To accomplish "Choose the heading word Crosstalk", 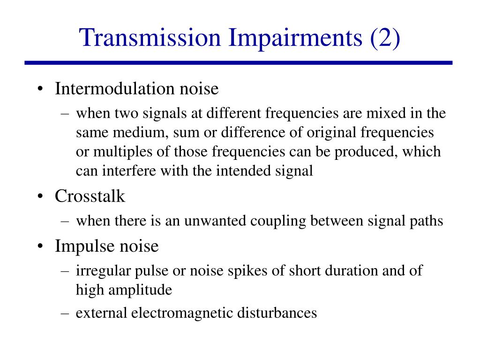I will click(90, 196).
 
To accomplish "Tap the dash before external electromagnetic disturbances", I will click(65, 313).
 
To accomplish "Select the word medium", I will click(139, 133).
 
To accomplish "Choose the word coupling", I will click(273, 221).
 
